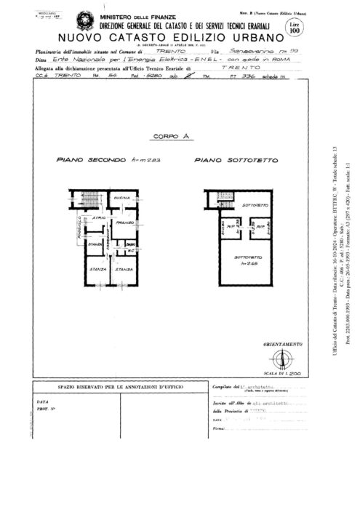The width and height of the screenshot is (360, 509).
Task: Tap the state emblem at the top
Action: [x=68, y=17]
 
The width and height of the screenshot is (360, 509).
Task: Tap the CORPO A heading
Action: [x=167, y=136]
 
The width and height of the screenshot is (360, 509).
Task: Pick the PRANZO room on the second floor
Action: [x=121, y=224]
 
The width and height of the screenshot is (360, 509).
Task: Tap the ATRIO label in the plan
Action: [x=97, y=217]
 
